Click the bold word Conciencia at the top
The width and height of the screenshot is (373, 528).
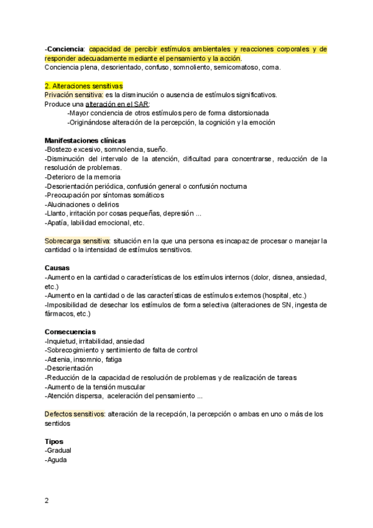(65, 49)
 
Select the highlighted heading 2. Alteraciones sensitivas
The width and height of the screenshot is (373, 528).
(84, 85)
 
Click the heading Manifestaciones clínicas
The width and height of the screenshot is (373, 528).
(85, 141)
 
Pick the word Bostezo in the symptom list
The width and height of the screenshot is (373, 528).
(60, 149)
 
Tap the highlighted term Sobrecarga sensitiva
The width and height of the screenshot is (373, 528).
(77, 240)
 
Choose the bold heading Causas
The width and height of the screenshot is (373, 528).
(58, 268)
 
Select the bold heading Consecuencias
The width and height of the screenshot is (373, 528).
(70, 332)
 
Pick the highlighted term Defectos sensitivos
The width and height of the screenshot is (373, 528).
(75, 414)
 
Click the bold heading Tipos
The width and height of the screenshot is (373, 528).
(54, 441)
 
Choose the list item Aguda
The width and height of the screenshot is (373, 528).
(57, 460)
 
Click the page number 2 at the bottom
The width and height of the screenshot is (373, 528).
(47, 500)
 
